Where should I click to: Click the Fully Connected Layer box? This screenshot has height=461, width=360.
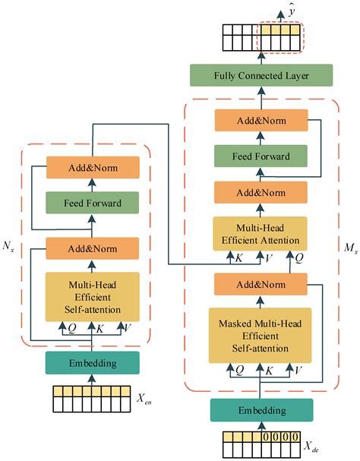pyautogui.click(x=261, y=76)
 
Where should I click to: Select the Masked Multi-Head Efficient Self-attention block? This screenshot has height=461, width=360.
pyautogui.click(x=261, y=335)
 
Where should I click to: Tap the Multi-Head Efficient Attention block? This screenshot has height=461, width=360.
pyautogui.click(x=261, y=234)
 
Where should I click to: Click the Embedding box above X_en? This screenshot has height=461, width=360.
pyautogui.click(x=92, y=362)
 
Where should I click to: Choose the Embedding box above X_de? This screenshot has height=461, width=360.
pyautogui.click(x=261, y=410)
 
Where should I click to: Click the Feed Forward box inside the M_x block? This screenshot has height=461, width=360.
pyautogui.click(x=261, y=156)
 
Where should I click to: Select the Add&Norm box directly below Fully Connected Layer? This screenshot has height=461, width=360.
pyautogui.click(x=261, y=120)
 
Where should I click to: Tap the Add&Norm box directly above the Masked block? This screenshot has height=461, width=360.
pyautogui.click(x=261, y=283)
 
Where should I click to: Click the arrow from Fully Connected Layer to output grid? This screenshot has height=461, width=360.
pyautogui.click(x=261, y=57)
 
